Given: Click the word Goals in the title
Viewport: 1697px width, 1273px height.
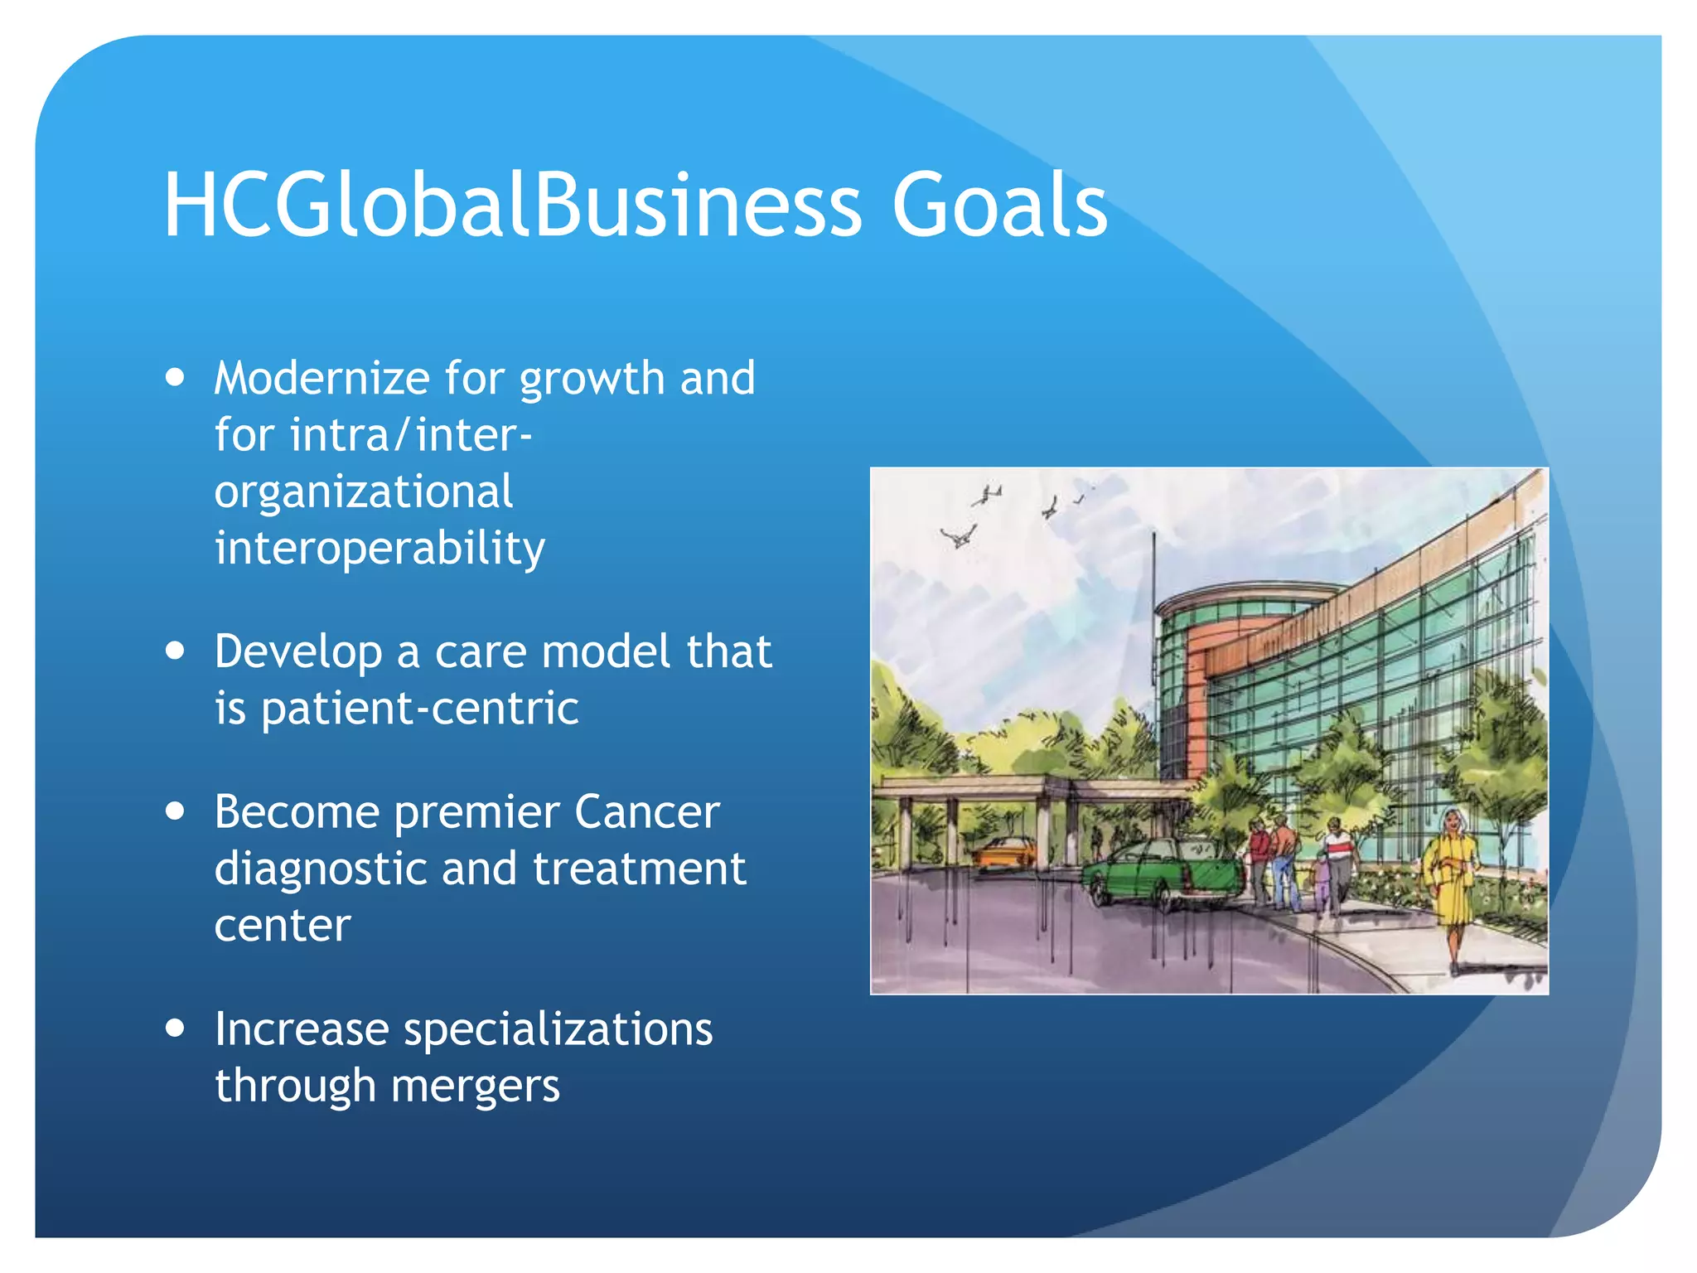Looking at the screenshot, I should pyautogui.click(x=999, y=205).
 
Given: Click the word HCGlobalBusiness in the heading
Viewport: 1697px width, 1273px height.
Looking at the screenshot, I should pyautogui.click(x=512, y=205).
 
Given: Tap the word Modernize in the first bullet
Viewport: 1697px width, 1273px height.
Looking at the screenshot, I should pyautogui.click(x=322, y=379).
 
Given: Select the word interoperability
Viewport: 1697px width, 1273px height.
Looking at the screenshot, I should pyautogui.click(x=380, y=549).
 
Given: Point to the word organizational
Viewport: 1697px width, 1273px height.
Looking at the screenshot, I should pyautogui.click(x=364, y=493).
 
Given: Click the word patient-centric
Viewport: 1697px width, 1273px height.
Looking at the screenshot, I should pyautogui.click(x=419, y=709).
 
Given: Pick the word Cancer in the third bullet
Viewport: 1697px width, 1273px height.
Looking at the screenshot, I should pyautogui.click(x=646, y=812).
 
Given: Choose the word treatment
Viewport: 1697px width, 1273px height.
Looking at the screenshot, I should pyautogui.click(x=639, y=869).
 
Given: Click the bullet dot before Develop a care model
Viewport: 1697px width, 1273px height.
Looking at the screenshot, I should pyautogui.click(x=175, y=651).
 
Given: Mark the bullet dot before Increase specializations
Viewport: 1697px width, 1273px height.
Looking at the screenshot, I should pyautogui.click(x=175, y=1029).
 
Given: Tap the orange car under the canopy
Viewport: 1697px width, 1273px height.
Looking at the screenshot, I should pyautogui.click(x=1005, y=852).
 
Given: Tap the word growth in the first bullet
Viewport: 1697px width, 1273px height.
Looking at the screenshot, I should pyautogui.click(x=592, y=380).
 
